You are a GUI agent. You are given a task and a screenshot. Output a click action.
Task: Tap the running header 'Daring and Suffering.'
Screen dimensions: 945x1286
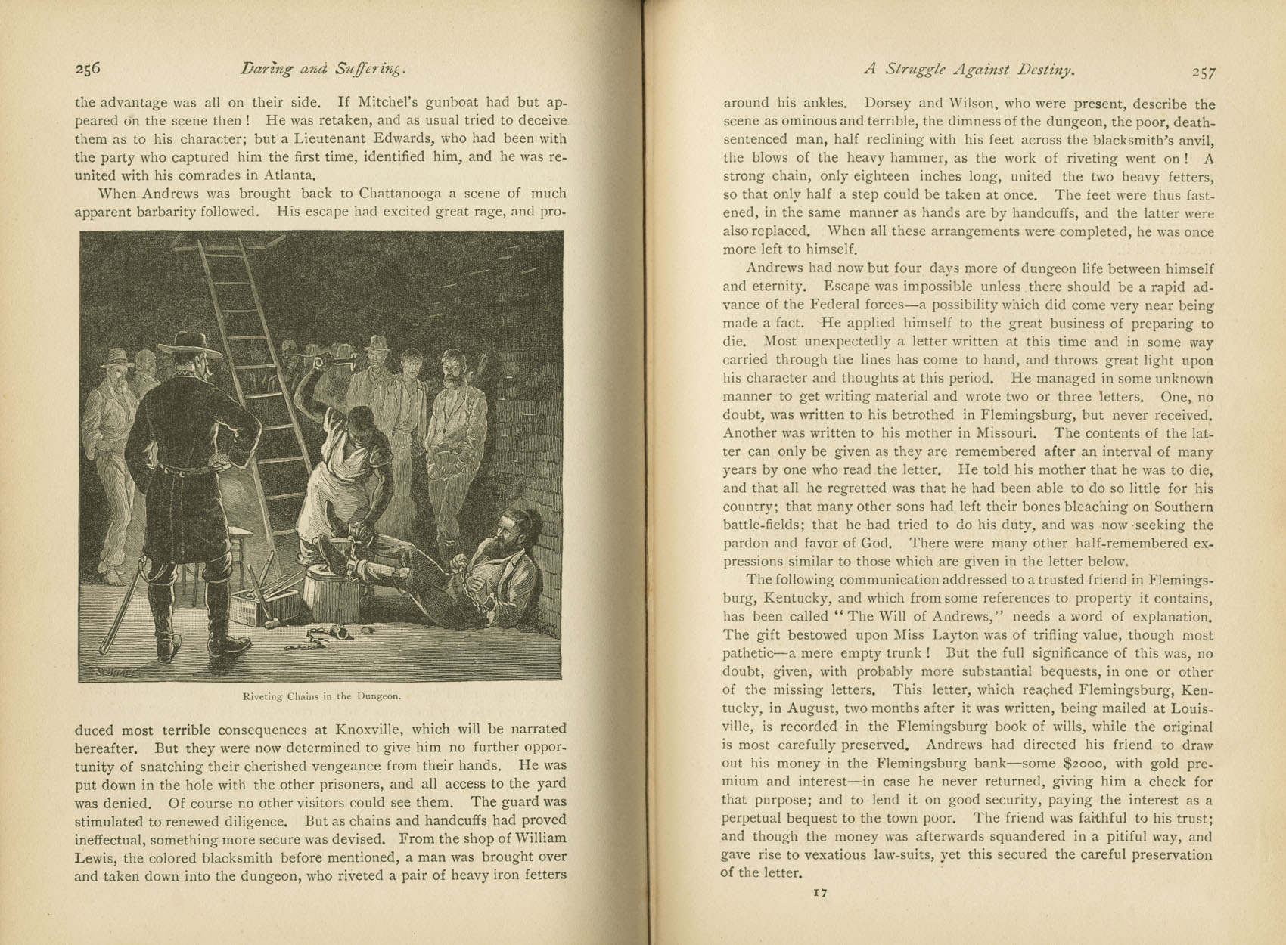point(323,70)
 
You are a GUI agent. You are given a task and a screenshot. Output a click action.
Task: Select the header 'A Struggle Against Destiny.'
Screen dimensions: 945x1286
point(970,70)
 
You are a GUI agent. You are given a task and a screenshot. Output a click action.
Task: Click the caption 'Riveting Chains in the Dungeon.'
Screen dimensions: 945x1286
point(321,696)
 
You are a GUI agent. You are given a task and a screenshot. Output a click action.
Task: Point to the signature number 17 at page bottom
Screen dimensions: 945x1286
point(820,893)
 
